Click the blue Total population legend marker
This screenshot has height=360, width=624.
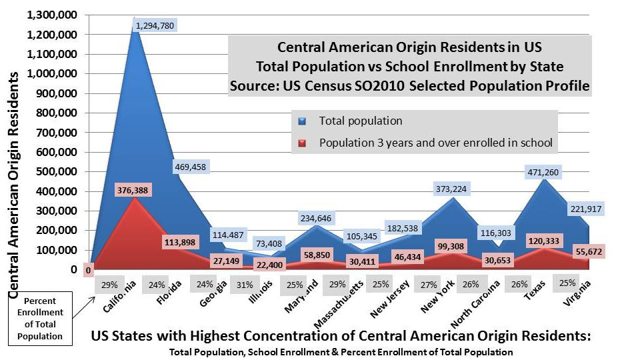302,121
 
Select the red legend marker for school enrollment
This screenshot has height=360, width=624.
302,143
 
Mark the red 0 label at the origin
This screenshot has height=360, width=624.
88,271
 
